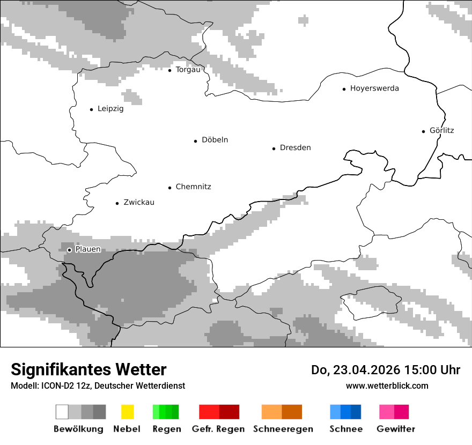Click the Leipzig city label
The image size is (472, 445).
coord(110,109)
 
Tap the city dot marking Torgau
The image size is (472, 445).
coord(169,70)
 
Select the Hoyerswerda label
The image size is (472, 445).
coord(374,88)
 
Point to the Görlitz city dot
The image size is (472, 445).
coord(424,131)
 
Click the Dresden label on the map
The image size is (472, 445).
coord(295,148)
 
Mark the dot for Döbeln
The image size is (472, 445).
coord(196,141)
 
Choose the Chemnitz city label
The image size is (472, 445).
coord(193,187)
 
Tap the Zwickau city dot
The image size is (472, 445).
coord(117,203)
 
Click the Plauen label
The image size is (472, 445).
coord(88,249)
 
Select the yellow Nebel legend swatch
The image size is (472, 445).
coord(127,412)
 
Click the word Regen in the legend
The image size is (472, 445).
coord(166,429)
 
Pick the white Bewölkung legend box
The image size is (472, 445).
coord(62,412)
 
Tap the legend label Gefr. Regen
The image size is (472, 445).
coord(218,429)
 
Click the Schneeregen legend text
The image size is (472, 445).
coord(283,429)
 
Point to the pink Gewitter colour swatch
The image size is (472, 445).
coord(387,412)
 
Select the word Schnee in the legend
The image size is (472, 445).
coord(346,429)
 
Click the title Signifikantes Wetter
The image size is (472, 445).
coord(88,370)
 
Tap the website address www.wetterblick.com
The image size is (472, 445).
coord(387,386)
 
